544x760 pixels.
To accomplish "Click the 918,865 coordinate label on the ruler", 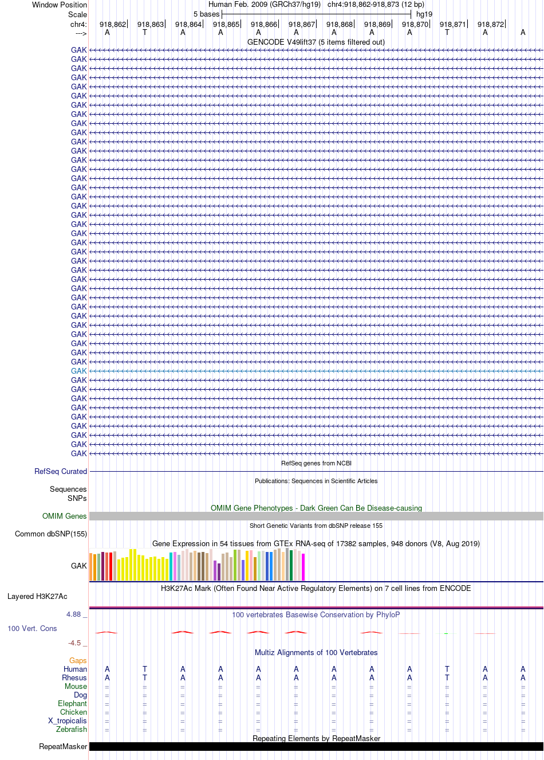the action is coord(226,25).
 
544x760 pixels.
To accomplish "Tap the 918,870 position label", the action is coord(415,25).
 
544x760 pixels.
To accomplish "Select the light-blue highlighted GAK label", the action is coord(78,371).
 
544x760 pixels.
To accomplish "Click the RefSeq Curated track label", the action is coord(61,471).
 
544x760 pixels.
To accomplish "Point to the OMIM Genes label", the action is coord(64,516).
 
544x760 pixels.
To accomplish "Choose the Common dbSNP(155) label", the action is coord(51,534).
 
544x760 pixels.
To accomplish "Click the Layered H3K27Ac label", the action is coord(37,597).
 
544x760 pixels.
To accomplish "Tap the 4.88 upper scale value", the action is coord(73,614).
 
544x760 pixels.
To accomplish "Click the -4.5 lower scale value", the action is coord(74,643).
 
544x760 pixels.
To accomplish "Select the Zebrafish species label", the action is coord(72,729).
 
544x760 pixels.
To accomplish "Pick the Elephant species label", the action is coord(72,703).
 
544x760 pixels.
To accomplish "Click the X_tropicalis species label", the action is coord(68,720).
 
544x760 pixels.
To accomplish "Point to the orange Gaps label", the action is coord(78,660).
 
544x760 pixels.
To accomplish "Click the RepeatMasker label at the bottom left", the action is coord(63,746).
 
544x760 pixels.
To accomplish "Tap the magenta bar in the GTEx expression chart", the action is coord(303,567).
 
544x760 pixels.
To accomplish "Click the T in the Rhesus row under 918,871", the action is coord(447,677).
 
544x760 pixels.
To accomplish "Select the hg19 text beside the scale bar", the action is coord(424,14).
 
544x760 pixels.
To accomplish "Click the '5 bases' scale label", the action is coord(206,14).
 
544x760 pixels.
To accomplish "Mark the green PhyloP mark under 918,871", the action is coord(446,633).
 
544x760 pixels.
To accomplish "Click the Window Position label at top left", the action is coord(60,5).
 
